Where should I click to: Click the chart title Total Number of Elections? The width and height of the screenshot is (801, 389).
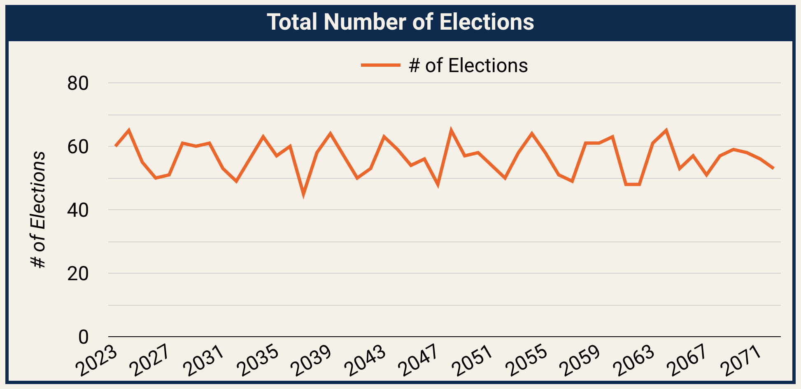tap(400, 22)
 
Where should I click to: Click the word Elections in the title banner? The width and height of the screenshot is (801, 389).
tap(487, 22)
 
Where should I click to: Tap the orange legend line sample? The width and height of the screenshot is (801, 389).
tap(380, 65)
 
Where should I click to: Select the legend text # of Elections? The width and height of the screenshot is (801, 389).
tap(468, 66)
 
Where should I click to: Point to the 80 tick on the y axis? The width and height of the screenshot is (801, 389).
tap(78, 84)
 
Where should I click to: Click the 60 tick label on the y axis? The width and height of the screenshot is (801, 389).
tap(78, 147)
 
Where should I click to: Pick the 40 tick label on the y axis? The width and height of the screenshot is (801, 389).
tap(78, 211)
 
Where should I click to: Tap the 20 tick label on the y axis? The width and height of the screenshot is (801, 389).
tap(78, 274)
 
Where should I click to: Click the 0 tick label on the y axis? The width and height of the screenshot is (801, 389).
tap(83, 337)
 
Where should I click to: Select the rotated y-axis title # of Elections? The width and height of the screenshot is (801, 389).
tap(38, 210)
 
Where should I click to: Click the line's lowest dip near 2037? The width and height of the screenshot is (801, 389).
tap(303, 194)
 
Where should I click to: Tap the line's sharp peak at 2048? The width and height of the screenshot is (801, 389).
tap(451, 131)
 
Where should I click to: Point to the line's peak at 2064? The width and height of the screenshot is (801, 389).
tap(666, 131)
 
